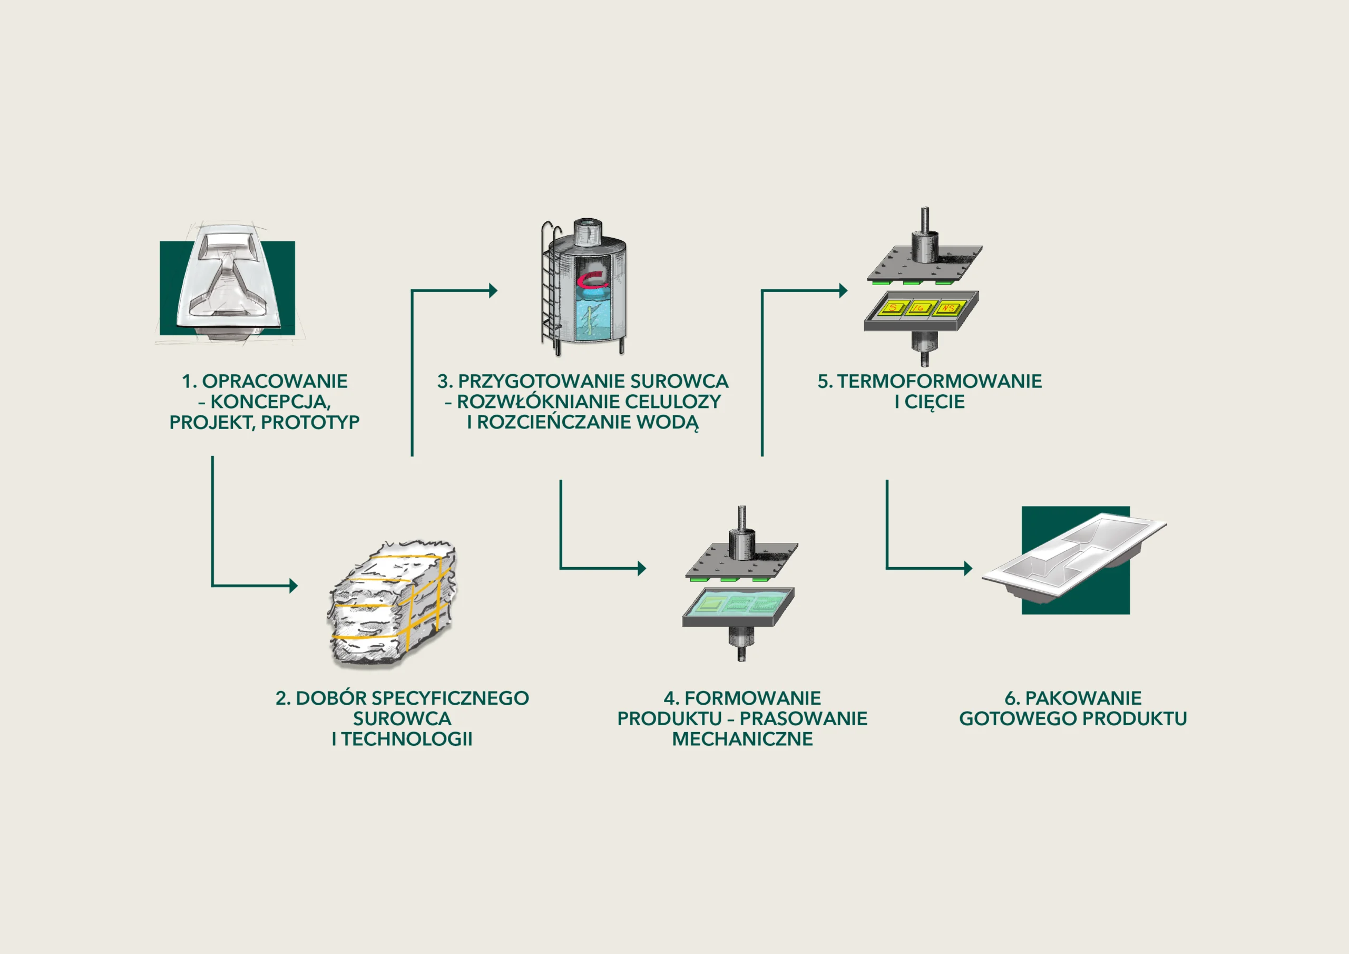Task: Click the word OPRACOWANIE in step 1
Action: coord(275,382)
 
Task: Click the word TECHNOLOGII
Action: coord(407,739)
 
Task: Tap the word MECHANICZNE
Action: coord(742,739)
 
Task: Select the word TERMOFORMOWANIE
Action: coord(940,382)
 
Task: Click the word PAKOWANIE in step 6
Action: coord(1083,698)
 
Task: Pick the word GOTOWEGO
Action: coord(1018,719)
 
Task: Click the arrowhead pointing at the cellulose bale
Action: coord(293,586)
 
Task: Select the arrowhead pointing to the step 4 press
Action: coord(642,568)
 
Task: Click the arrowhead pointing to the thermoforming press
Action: coord(843,290)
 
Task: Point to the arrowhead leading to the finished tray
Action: coord(967,568)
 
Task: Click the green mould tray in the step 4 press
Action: coord(739,603)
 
